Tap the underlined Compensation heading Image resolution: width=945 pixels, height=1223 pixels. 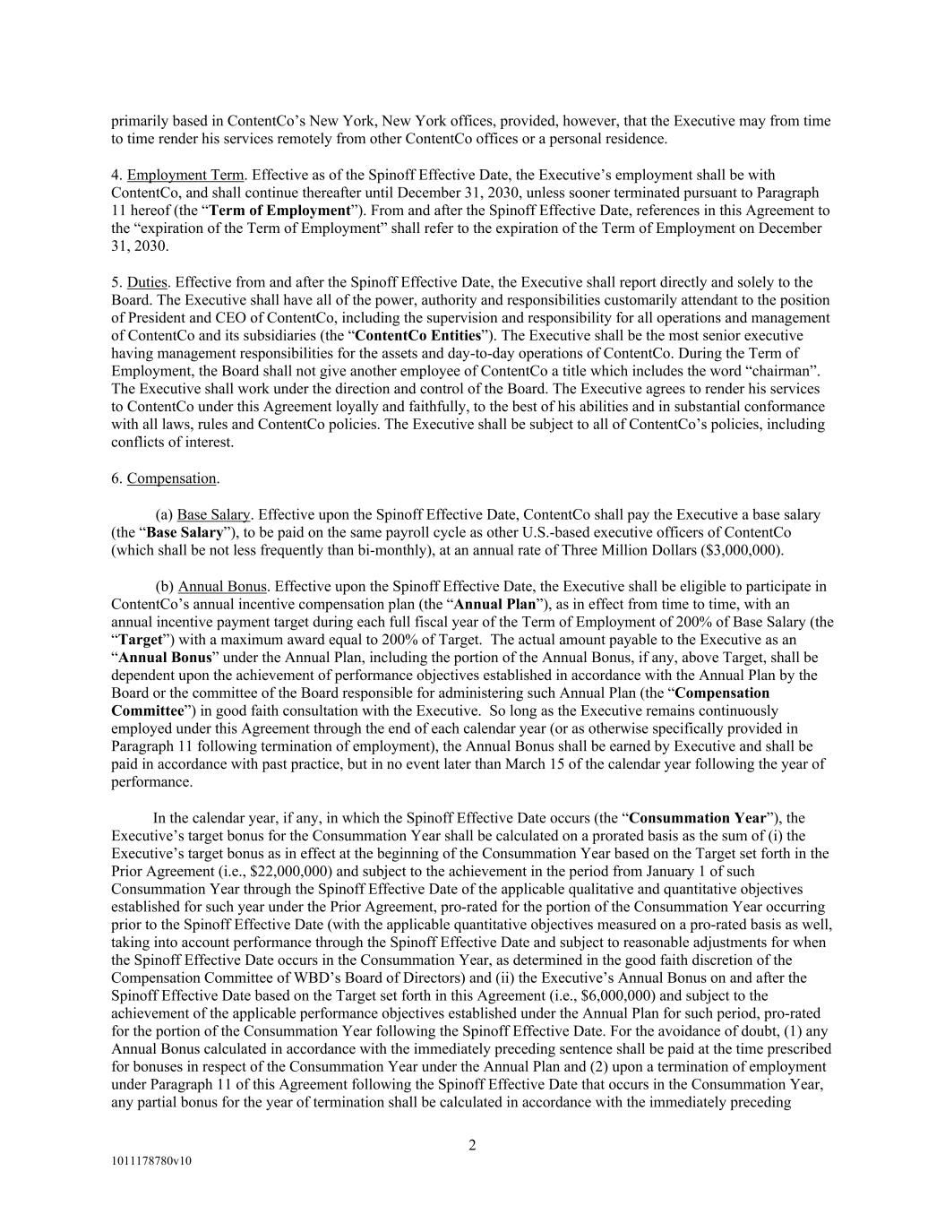coord(171,478)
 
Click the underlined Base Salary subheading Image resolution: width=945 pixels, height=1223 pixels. coord(213,514)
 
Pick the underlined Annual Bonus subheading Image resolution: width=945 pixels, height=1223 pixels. coord(222,586)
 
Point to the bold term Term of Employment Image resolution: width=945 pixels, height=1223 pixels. coord(292,211)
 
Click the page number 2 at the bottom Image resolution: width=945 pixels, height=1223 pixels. coord(472,1145)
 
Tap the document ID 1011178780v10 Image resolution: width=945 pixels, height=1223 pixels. coord(151,1161)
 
